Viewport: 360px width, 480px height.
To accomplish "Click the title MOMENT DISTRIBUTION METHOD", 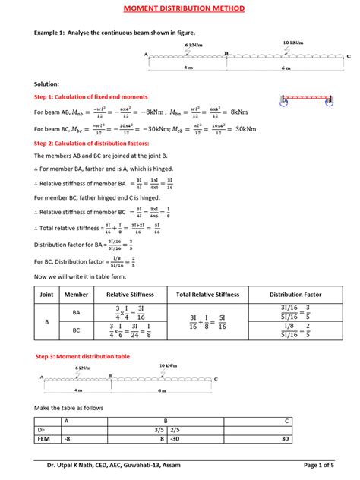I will coord(179,8).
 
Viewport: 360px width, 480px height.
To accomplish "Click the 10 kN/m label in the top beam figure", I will coord(294,43).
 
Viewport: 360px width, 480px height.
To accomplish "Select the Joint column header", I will coord(46,294).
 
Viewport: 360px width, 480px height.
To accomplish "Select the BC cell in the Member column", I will coord(76,331).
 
